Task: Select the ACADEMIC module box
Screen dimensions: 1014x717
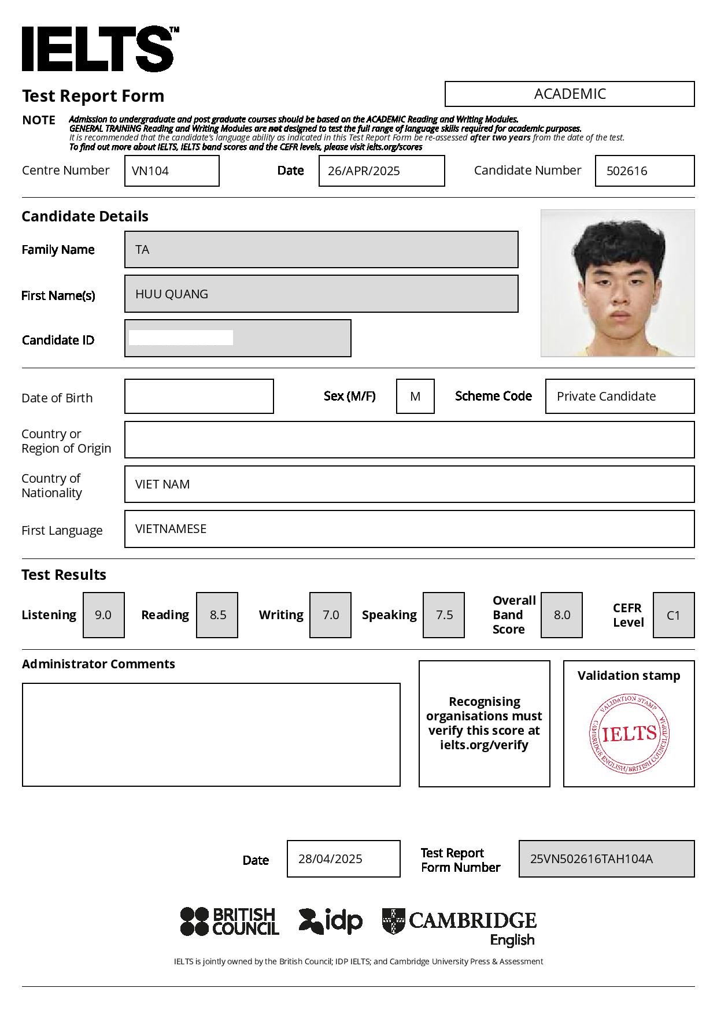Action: (570, 94)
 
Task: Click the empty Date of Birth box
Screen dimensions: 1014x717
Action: (199, 397)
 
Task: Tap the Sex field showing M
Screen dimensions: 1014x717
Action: (415, 397)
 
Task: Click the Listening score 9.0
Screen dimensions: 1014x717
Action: (104, 615)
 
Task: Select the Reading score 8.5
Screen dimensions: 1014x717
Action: (217, 615)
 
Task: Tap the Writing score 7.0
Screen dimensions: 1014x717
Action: (330, 615)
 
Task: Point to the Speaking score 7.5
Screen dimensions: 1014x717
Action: (443, 615)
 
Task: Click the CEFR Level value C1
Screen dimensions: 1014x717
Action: (674, 615)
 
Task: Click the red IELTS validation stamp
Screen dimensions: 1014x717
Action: (629, 734)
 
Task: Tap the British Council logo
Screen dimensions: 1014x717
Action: (230, 922)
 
